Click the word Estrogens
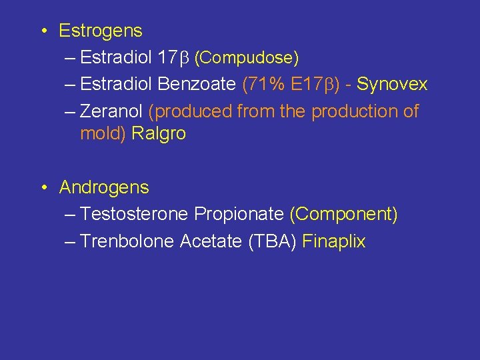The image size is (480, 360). click(101, 31)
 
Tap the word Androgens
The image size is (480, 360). click(104, 187)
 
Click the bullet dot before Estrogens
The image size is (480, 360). click(42, 31)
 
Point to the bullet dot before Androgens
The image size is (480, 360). click(42, 188)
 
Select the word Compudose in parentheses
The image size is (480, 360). click(247, 58)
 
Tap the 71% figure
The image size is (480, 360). click(265, 85)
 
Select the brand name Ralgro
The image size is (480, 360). click(159, 133)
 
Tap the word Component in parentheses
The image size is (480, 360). click(343, 214)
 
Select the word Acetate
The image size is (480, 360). click(211, 241)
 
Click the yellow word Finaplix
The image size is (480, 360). click(334, 241)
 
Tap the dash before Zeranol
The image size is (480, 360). click(71, 111)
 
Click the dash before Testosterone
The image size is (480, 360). click(71, 214)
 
